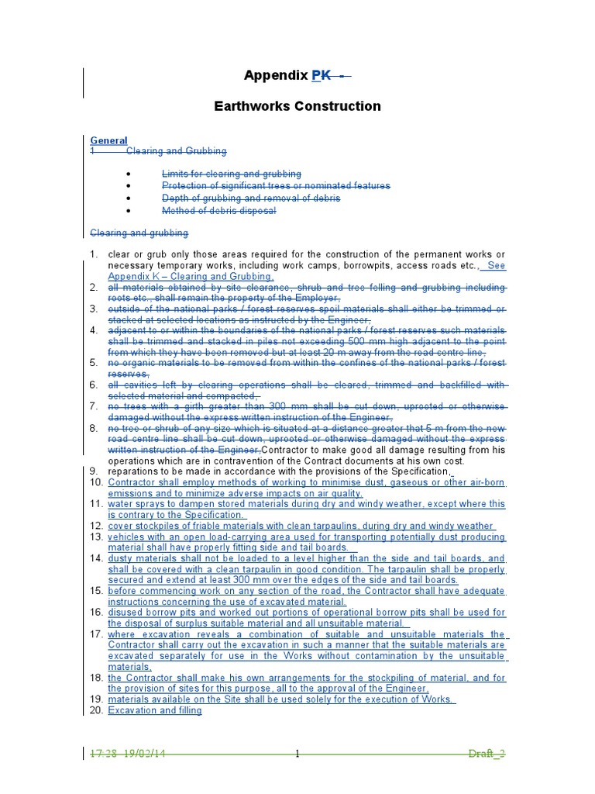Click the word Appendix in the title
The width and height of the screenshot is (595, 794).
(x=276, y=75)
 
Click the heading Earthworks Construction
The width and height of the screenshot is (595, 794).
(x=297, y=106)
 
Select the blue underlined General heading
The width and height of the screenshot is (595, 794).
(x=108, y=140)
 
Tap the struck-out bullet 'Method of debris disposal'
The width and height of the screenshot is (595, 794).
(x=218, y=211)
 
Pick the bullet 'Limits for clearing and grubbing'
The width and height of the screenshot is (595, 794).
(x=231, y=174)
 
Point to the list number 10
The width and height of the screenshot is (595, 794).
(x=95, y=483)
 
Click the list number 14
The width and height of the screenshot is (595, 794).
(x=95, y=558)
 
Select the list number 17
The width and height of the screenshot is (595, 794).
(x=95, y=634)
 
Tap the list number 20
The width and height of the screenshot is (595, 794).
(x=95, y=710)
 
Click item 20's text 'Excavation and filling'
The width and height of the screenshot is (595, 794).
(x=155, y=710)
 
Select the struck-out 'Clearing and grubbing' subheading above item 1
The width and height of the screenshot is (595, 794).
(x=139, y=233)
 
